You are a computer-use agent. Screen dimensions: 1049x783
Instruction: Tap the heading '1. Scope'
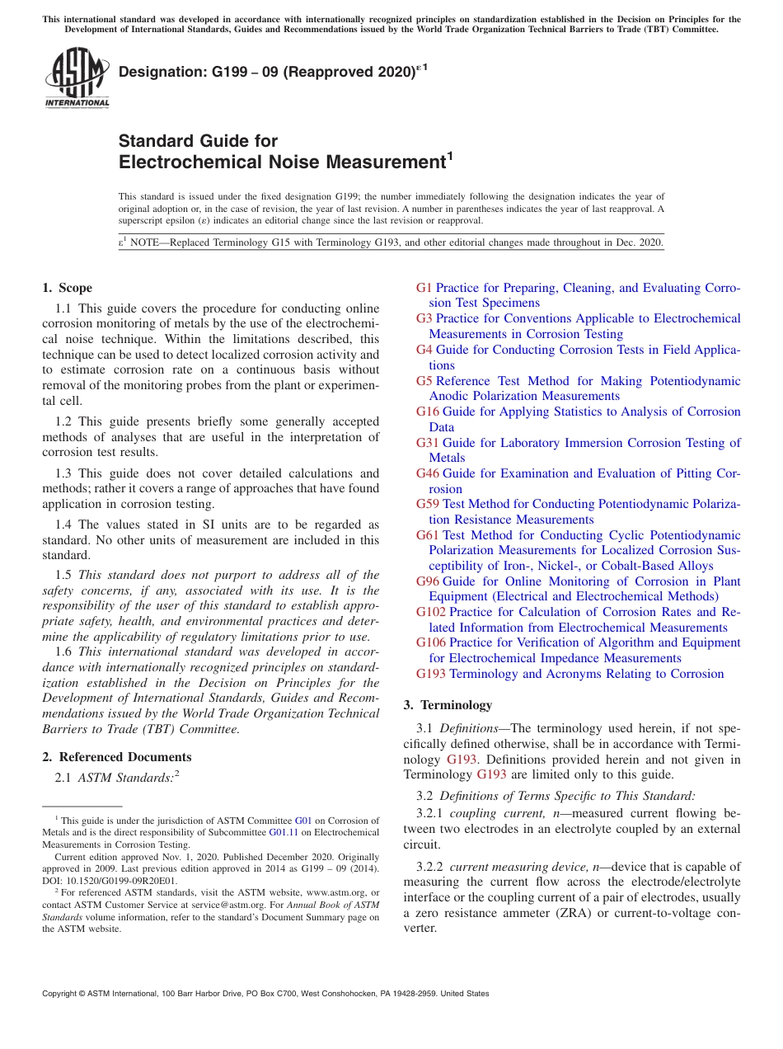click(67, 288)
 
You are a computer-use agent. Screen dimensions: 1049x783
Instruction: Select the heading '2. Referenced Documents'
click(117, 757)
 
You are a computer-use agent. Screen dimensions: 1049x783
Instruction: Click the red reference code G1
click(424, 288)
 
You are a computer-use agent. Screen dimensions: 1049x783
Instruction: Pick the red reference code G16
click(427, 412)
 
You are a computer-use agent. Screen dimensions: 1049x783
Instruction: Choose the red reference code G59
click(427, 504)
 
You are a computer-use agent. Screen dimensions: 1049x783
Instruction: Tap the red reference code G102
click(430, 612)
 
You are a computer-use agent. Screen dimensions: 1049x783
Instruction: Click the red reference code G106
click(430, 642)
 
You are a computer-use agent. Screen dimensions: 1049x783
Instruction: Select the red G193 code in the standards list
click(430, 674)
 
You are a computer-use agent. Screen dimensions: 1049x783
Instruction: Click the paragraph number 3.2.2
click(430, 867)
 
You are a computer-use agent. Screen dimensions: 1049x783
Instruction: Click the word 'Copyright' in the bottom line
click(61, 994)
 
